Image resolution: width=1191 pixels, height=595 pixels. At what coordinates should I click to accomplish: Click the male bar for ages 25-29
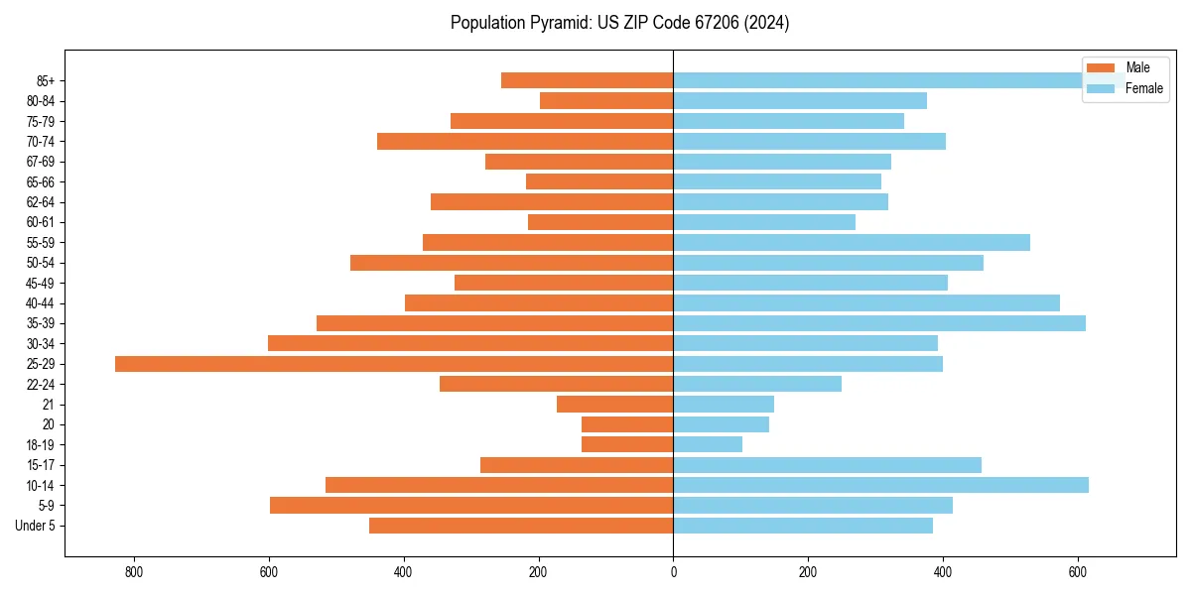click(394, 364)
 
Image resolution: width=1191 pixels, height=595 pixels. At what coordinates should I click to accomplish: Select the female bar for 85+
click(873, 80)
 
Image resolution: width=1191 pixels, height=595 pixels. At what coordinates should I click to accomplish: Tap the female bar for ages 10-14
click(880, 485)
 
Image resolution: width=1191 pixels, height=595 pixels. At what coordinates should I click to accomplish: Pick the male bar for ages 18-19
click(627, 444)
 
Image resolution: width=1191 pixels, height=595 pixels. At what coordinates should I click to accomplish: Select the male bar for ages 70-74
click(525, 141)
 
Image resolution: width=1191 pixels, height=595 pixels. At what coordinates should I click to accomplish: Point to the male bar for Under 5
click(521, 526)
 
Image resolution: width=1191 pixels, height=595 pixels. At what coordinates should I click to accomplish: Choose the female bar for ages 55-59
click(852, 242)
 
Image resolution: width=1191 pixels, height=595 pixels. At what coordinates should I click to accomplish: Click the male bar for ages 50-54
click(511, 263)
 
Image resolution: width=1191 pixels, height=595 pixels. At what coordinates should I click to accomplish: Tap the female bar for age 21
click(724, 404)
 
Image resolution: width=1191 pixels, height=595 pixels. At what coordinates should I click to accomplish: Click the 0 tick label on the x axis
click(673, 572)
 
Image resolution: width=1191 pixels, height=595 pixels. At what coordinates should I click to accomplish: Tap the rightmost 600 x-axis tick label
click(1078, 572)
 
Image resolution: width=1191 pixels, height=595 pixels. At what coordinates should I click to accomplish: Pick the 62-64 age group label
click(41, 202)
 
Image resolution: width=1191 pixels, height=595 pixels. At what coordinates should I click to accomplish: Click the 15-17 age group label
click(41, 465)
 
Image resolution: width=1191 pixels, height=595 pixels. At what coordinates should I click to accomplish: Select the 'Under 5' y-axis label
click(36, 526)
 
